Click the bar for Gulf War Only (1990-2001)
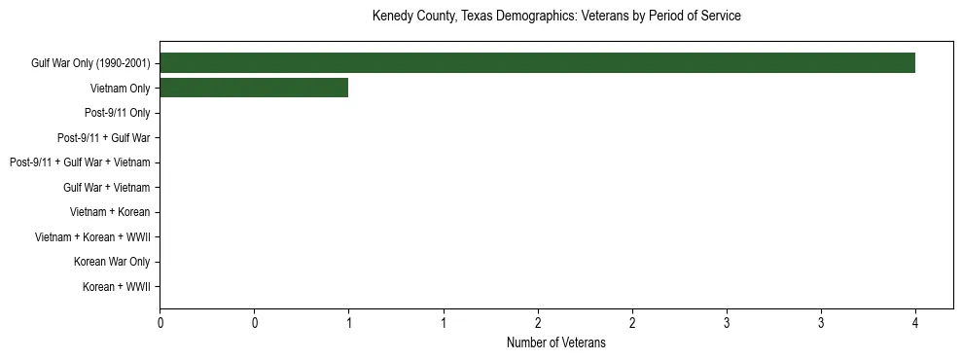[x=537, y=63]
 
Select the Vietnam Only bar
[x=254, y=89]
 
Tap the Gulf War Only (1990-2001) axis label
[x=90, y=64]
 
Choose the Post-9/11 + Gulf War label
[x=103, y=138]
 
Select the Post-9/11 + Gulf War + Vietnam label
[x=80, y=162]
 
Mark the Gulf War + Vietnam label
[x=106, y=188]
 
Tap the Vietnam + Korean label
[x=109, y=212]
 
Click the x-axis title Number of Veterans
[x=556, y=343]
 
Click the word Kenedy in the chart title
[x=392, y=17]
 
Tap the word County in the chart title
[x=436, y=17]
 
